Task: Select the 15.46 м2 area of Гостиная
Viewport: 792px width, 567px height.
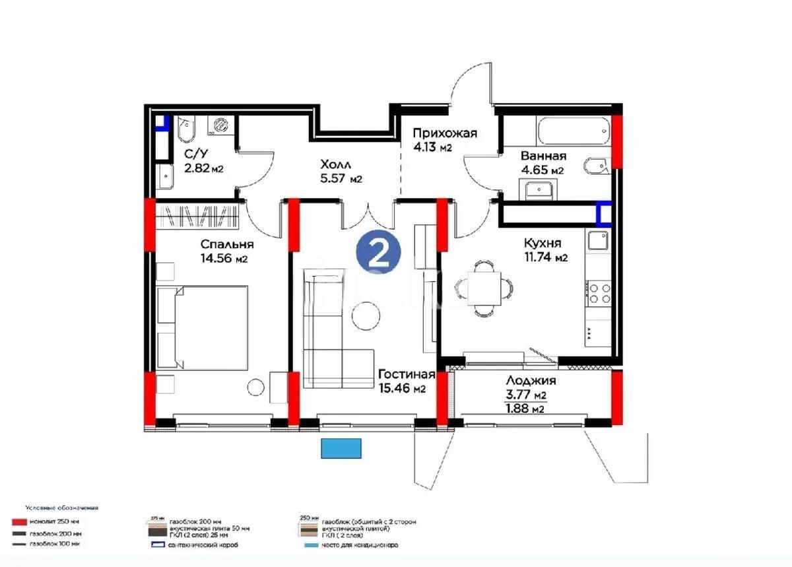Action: click(x=402, y=389)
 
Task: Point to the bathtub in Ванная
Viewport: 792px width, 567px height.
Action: click(x=572, y=131)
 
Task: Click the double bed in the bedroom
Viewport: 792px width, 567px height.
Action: click(x=203, y=327)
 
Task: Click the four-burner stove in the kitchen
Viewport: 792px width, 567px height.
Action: click(x=599, y=293)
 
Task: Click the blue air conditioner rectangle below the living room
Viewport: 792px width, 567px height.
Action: click(x=342, y=448)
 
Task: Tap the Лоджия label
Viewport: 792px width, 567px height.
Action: click(x=531, y=381)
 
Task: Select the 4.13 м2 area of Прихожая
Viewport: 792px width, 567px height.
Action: click(x=432, y=148)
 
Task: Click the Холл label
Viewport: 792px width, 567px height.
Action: click(x=337, y=164)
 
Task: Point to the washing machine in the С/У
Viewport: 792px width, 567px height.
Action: click(x=220, y=127)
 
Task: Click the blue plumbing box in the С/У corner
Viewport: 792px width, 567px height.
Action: click(x=162, y=123)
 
